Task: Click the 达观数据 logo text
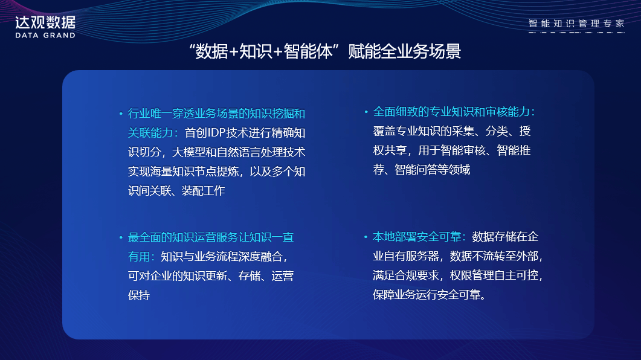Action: [x=45, y=22]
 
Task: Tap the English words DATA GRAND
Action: [x=45, y=36]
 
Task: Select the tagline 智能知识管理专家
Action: [x=576, y=24]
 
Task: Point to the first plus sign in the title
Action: [x=234, y=52]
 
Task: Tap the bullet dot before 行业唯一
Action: [x=121, y=114]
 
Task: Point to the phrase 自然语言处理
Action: [x=250, y=152]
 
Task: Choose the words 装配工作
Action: [x=203, y=191]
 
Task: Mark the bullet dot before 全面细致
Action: [x=366, y=112]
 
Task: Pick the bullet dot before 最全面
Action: [x=121, y=237]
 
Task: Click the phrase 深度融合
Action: [x=260, y=257]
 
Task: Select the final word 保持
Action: [x=139, y=295]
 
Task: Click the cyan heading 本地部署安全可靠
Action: [x=417, y=237]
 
